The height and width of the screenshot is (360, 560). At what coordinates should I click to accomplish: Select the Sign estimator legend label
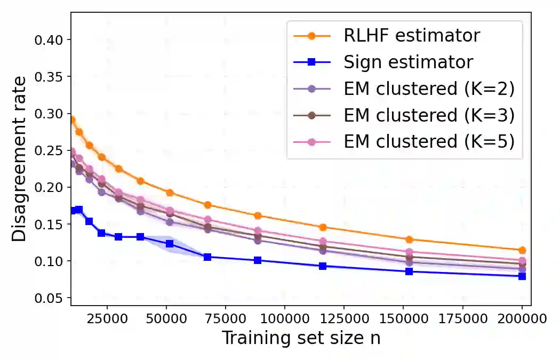pyautogui.click(x=408, y=62)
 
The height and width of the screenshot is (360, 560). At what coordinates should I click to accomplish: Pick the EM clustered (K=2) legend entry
pyautogui.click(x=429, y=89)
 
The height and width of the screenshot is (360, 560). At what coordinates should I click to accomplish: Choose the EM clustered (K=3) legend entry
pyautogui.click(x=429, y=115)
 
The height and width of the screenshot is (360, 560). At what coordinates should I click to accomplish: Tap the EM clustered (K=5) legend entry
pyautogui.click(x=429, y=141)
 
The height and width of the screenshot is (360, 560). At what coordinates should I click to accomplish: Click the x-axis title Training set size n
pyautogui.click(x=301, y=338)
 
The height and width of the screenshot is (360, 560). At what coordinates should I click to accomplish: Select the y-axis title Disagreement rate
pyautogui.click(x=19, y=159)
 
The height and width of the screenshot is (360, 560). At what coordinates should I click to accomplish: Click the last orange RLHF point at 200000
pyautogui.click(x=522, y=250)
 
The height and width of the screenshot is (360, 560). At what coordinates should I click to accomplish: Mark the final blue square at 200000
pyautogui.click(x=522, y=276)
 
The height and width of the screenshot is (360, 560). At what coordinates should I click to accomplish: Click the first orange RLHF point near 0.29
pyautogui.click(x=71, y=120)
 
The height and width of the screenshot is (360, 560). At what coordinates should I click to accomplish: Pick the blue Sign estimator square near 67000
pyautogui.click(x=207, y=257)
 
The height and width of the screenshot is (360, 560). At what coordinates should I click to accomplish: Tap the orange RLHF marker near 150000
pyautogui.click(x=409, y=239)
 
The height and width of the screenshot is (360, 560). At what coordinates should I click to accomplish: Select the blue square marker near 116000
pyautogui.click(x=323, y=266)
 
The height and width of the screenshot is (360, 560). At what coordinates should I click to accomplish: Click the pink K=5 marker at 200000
pyautogui.click(x=522, y=261)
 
